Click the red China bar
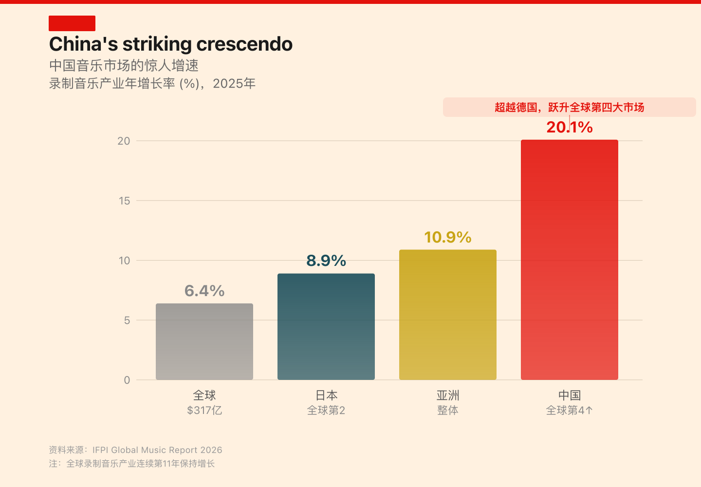[570, 260]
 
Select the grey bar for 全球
[204, 341]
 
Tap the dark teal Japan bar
[326, 326]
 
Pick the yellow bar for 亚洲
[448, 315]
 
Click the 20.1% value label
[570, 127]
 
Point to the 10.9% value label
[448, 237]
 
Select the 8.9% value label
[326, 261]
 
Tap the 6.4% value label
[204, 291]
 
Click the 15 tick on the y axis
[125, 201]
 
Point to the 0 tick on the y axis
[127, 380]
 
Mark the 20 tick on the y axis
[124, 141]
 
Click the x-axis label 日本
[326, 395]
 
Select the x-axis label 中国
[570, 395]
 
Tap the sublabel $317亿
[204, 410]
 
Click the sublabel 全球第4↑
[570, 410]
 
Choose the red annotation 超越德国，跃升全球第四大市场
[570, 107]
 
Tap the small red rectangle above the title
[72, 23]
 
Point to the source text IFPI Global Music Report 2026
[157, 450]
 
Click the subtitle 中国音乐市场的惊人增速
[124, 65]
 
